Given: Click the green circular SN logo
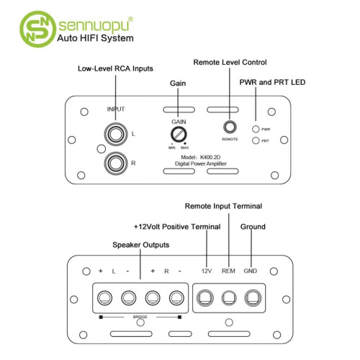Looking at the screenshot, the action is (37, 29).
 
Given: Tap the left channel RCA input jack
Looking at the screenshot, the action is (116, 134).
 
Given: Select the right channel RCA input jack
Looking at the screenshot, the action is (116, 163).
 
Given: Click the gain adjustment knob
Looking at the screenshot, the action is (179, 135).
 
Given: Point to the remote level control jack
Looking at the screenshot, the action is (230, 127).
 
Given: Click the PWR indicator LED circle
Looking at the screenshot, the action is (256, 129).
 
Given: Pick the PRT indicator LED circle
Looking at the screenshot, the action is (256, 140).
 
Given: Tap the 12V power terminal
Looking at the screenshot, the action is (205, 298).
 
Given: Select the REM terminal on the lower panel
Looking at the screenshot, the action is (229, 298).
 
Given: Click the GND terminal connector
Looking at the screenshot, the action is (253, 298).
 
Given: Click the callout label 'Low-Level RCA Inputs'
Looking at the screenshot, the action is (115, 68).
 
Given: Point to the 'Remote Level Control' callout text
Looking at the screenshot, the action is (230, 63).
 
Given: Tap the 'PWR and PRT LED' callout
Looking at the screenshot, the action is (272, 82).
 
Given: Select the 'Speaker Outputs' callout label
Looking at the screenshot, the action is (141, 245).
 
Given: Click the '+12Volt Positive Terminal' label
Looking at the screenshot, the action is (177, 227).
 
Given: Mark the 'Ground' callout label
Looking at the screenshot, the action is (253, 227).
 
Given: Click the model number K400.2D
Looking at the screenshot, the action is (210, 157).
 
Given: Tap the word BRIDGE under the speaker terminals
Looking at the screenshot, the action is (140, 317).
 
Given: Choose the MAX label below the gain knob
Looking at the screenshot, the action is (185, 148).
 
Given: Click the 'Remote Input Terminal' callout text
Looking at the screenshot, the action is (223, 206).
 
